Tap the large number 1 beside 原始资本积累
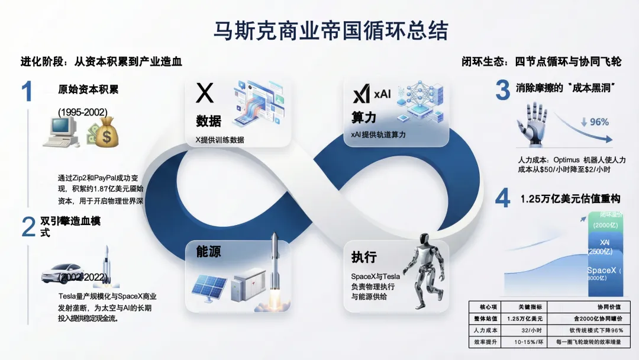pos(27,92)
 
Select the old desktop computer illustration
pos(62,131)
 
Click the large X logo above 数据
pos(205,94)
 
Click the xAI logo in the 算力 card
pos(370,94)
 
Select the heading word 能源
pos(208,252)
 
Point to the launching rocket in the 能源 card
pos(275,266)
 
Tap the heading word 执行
pos(364,258)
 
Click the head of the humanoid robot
pos(423,239)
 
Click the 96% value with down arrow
pos(594,122)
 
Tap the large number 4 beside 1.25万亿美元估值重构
pos(502,199)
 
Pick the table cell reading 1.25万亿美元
pos(525,319)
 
